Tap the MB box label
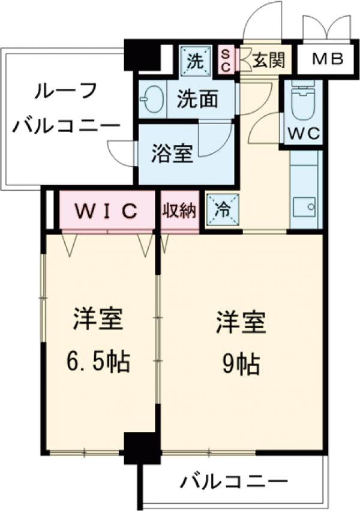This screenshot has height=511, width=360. [x=328, y=59]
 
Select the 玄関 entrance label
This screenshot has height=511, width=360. [x=263, y=59]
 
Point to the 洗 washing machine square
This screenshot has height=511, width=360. [x=195, y=60]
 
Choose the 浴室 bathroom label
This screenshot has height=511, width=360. [x=172, y=154]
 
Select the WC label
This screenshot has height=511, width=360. [x=303, y=134]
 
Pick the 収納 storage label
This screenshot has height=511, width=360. [x=179, y=211]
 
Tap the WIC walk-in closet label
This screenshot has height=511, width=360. [x=107, y=211]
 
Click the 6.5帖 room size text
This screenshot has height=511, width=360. [x=99, y=361]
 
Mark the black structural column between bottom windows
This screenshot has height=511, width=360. [x=142, y=448]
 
